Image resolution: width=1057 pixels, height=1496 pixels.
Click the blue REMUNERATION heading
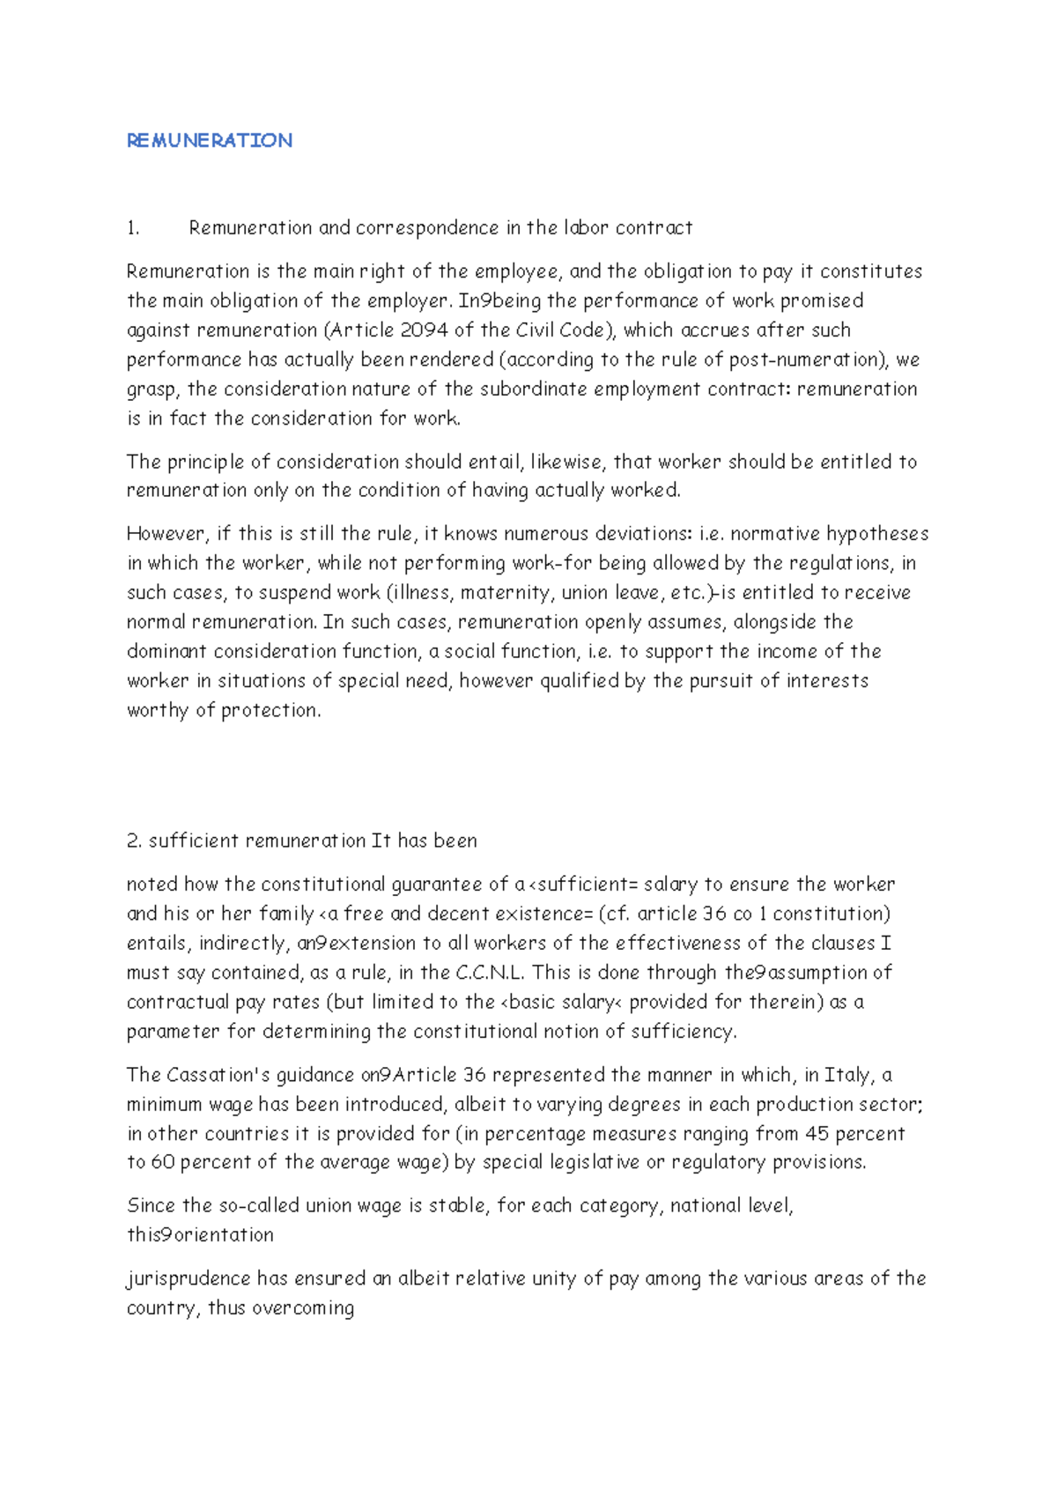click(210, 141)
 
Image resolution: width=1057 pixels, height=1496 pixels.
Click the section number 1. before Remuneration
click(133, 228)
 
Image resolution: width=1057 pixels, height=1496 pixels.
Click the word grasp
click(152, 390)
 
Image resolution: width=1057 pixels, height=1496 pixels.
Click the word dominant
click(166, 652)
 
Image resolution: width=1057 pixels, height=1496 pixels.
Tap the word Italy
click(848, 1075)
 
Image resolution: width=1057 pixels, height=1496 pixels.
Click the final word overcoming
click(303, 1308)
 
